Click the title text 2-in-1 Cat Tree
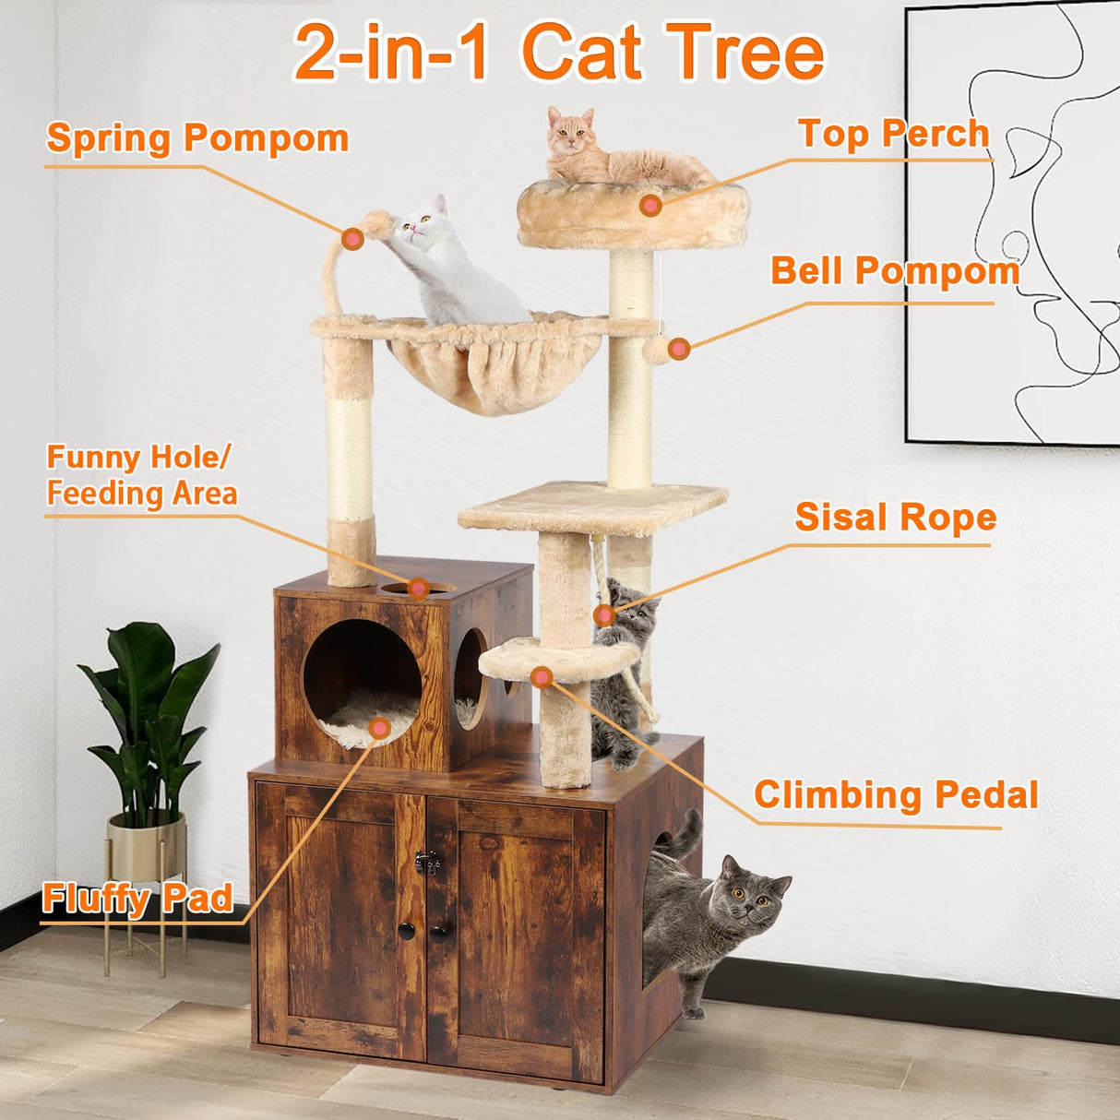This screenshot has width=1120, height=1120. coord(558,52)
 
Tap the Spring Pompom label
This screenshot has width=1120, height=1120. coord(197,138)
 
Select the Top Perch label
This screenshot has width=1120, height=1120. coord(893,134)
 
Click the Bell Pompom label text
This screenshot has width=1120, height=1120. coord(895,271)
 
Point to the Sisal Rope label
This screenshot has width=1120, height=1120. coord(895,518)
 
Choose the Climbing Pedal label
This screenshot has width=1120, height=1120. coord(896,794)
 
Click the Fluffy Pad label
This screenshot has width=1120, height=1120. coord(137,899)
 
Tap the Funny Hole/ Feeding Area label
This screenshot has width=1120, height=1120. coord(141,475)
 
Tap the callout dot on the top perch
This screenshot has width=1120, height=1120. coord(650,205)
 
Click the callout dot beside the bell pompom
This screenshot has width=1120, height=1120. coord(679,349)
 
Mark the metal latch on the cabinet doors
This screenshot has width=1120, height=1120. coord(425,862)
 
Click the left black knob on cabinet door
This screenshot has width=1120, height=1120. coord(407,931)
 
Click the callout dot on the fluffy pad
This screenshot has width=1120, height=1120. coord(379,729)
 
